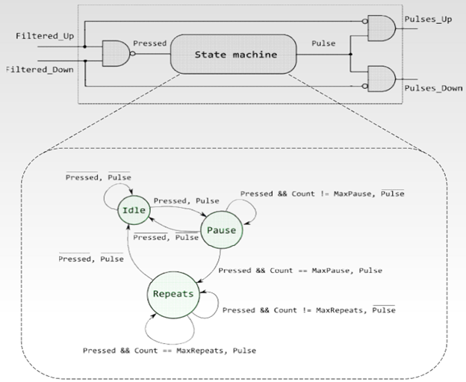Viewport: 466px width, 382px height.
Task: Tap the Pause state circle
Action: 220,230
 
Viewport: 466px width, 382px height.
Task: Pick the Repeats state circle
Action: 173,294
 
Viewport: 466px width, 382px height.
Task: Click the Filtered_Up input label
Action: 43,36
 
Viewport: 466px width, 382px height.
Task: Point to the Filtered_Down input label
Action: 38,69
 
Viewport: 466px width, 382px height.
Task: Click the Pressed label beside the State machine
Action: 149,43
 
